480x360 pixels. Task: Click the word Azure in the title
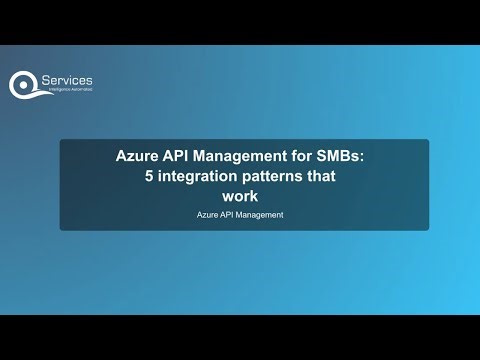coord(136,157)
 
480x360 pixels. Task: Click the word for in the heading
coord(301,157)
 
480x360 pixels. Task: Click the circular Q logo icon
coord(25,84)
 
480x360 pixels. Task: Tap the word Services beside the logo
coord(69,80)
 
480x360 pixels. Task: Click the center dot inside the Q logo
coord(25,83)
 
